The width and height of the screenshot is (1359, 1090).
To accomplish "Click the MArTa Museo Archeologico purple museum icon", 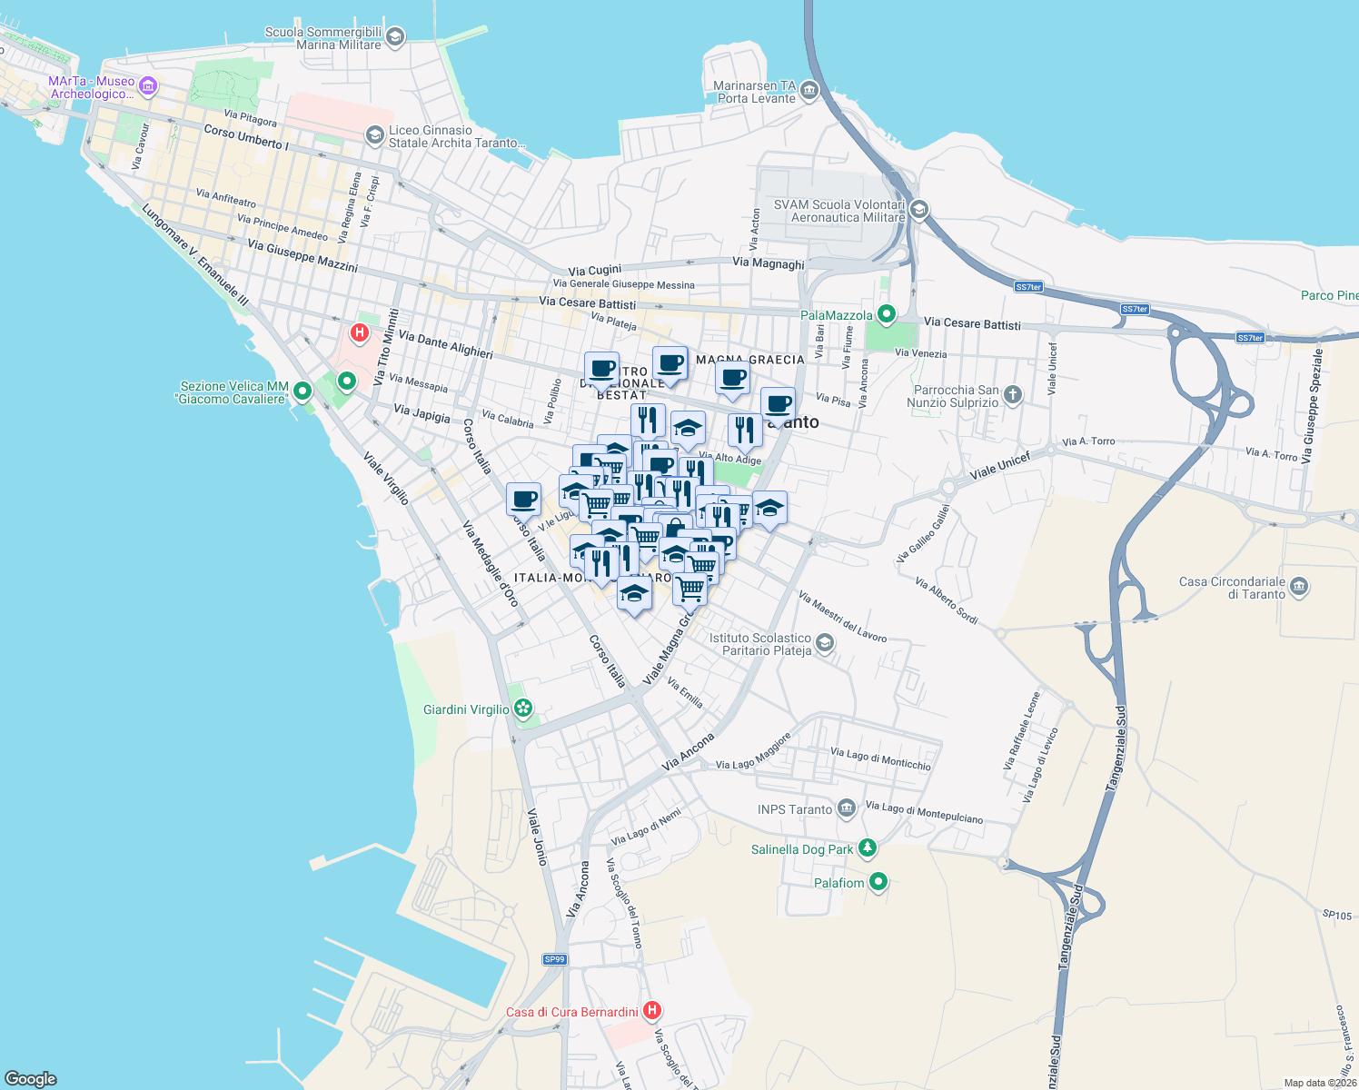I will (x=148, y=87).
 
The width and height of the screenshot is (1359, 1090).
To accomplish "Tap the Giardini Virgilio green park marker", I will (x=522, y=708).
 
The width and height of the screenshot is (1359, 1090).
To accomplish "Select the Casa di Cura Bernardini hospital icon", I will (x=651, y=1010).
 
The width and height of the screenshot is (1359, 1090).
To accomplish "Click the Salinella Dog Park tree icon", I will (x=868, y=848).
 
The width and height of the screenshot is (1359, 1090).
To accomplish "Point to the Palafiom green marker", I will (x=878, y=881).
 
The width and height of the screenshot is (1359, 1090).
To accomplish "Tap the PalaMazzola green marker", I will (x=886, y=314).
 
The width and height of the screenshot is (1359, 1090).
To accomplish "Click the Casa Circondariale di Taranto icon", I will (x=1298, y=587).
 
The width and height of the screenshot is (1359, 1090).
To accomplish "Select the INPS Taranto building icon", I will (x=846, y=808).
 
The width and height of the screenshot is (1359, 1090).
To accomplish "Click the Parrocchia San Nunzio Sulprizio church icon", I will (x=1013, y=395).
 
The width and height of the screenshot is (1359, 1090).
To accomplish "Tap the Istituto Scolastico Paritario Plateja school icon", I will (x=824, y=643).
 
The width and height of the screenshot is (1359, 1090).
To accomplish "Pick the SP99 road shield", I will (x=554, y=959).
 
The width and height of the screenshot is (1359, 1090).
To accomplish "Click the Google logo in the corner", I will (x=31, y=1078).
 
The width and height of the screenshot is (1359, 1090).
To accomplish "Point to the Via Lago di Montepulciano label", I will (x=924, y=811).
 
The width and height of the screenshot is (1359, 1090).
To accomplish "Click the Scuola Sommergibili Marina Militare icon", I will (x=394, y=37).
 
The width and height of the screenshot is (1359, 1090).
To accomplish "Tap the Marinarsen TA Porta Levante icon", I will (x=808, y=91).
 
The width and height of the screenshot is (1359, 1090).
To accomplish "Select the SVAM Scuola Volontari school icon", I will (x=918, y=211).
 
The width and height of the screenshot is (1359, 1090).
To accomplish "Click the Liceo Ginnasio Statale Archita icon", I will (x=374, y=136).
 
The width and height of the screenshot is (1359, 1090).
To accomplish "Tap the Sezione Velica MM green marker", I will (x=303, y=391).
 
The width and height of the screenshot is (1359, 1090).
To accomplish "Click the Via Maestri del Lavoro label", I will (x=842, y=617).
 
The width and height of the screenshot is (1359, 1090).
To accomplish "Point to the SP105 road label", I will (x=1336, y=915).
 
